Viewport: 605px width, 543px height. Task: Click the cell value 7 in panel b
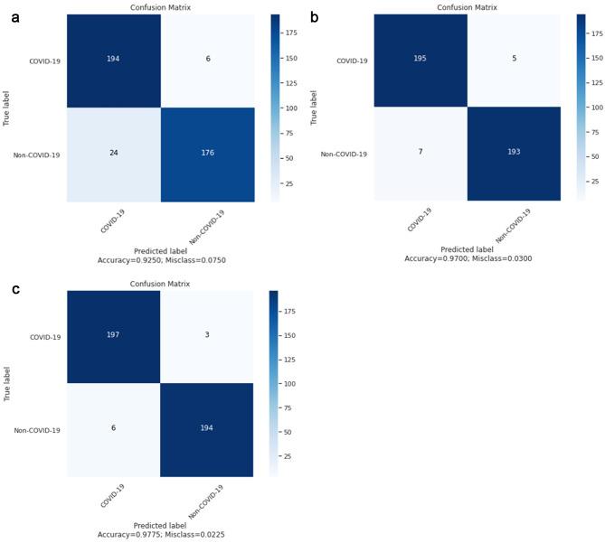[x=422, y=154]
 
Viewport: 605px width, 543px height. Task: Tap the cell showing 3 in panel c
[x=209, y=334]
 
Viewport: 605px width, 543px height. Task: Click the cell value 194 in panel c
[x=209, y=429]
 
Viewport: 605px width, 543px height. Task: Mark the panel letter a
[x=15, y=15]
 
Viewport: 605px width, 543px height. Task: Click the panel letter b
[x=314, y=15]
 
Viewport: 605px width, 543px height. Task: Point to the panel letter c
[x=15, y=290]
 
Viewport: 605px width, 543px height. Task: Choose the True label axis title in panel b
[x=313, y=106]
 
